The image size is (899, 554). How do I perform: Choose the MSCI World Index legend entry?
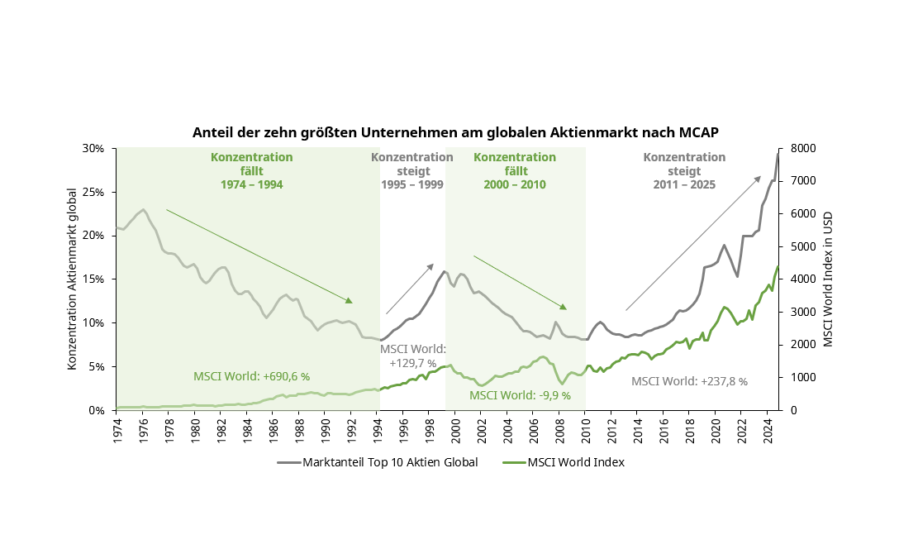(576, 462)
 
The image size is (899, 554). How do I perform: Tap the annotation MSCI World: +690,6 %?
(251, 376)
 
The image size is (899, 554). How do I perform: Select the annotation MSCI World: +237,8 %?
(689, 381)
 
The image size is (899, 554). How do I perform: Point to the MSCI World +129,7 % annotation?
(412, 356)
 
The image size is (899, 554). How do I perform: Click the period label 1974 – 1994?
(251, 184)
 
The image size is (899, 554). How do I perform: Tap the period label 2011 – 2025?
(684, 184)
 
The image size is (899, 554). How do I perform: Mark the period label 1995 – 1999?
(412, 184)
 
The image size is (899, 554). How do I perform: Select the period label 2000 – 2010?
(515, 184)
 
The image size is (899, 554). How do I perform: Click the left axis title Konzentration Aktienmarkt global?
(73, 279)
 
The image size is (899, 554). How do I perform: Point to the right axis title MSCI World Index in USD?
(829, 279)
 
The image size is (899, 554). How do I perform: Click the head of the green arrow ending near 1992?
(350, 301)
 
